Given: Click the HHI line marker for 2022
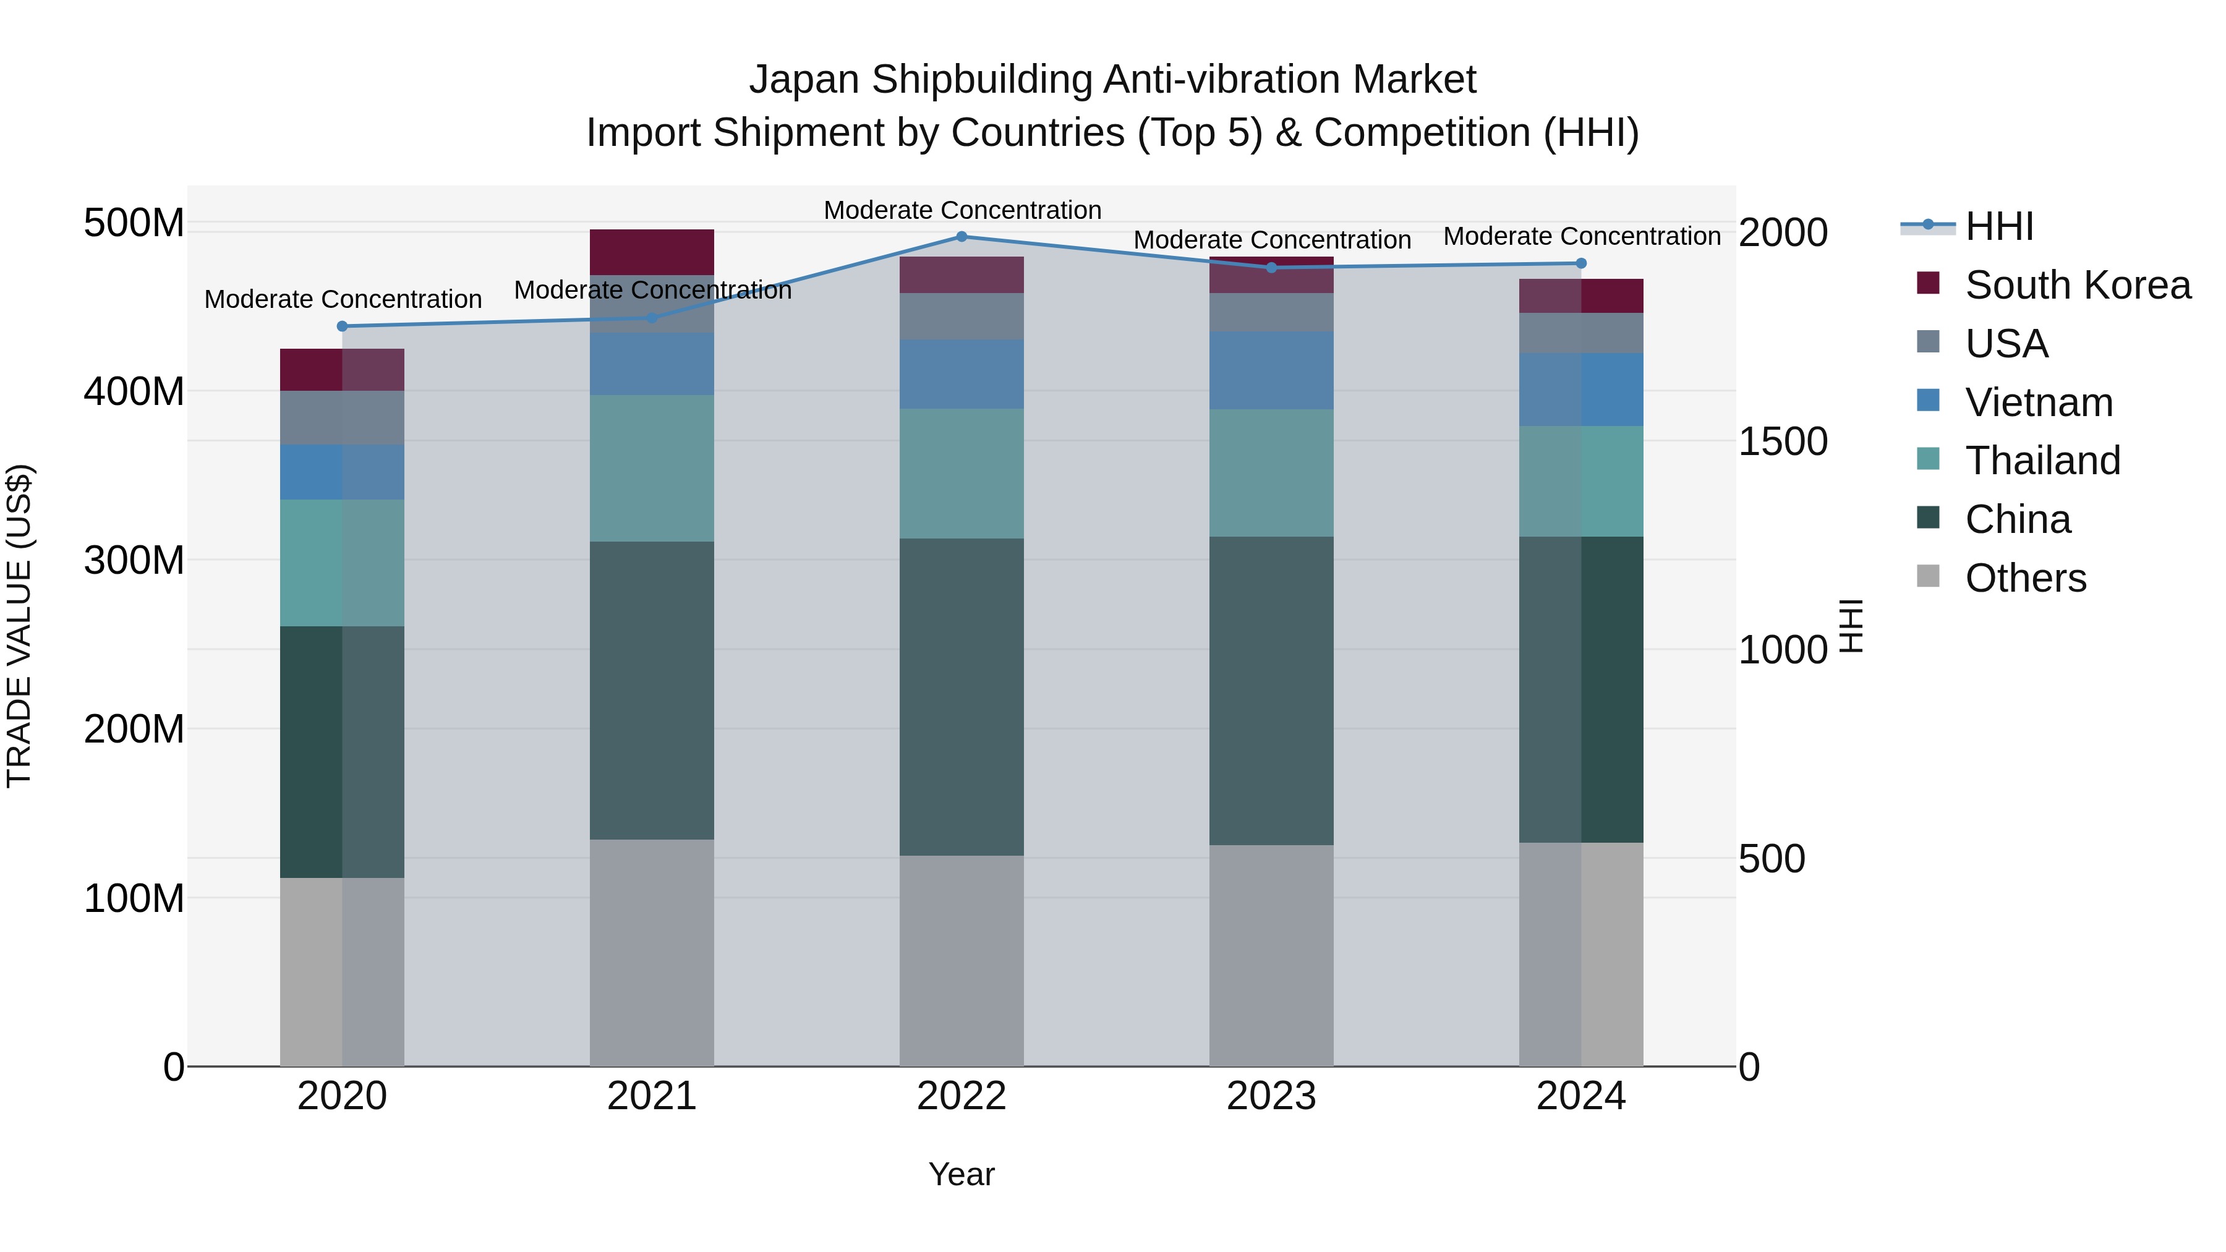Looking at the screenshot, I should (x=962, y=237).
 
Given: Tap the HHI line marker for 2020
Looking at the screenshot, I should (x=342, y=326).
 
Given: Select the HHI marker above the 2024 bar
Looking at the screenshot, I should (x=1581, y=263).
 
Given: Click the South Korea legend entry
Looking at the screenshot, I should (x=2078, y=285).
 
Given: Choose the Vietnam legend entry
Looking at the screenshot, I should (x=2039, y=402).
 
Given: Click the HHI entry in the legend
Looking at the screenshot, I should (x=1998, y=226).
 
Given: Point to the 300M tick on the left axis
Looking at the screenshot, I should (x=134, y=561).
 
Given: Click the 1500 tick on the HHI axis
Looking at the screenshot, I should (x=1783, y=441).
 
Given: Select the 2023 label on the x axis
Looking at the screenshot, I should (x=1271, y=1096).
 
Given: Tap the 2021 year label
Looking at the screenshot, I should (x=652, y=1096).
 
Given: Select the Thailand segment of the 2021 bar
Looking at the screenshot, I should (x=652, y=468).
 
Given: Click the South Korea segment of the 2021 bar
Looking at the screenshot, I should (x=652, y=252).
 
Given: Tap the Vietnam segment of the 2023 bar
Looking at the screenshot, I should (x=1271, y=371).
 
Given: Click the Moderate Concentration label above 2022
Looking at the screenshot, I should (x=962, y=210).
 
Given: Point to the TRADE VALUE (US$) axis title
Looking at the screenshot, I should (x=19, y=626).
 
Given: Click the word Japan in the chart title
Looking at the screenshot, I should (x=804, y=80).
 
